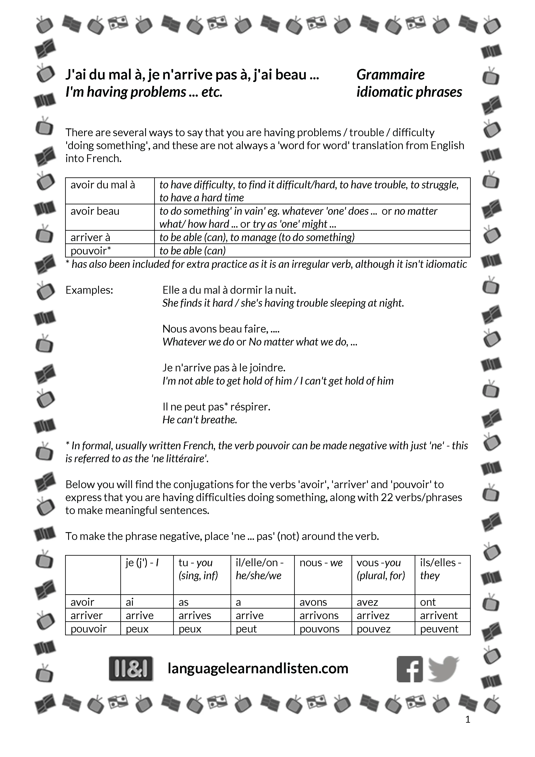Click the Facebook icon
409,669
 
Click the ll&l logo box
131,669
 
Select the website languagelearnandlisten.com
258,668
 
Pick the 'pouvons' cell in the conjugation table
319,629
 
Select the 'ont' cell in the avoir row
428,602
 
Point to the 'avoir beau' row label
95,211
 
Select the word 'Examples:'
89,290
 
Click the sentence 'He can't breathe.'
200,420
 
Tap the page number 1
468,719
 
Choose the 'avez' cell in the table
367,602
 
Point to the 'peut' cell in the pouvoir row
246,629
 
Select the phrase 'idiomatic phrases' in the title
409,92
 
